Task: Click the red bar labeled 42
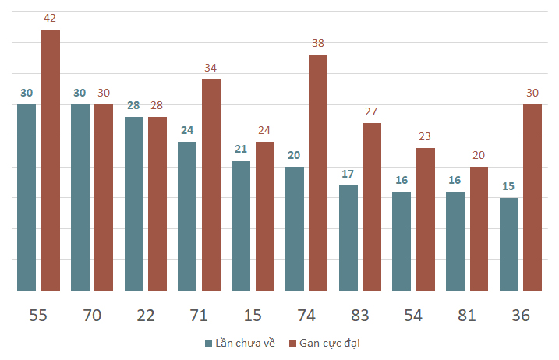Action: click(x=51, y=161)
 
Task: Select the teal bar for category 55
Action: click(x=27, y=197)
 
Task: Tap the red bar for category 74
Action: click(x=318, y=172)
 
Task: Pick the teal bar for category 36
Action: click(x=509, y=244)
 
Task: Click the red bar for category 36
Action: click(x=532, y=197)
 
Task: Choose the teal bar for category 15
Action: click(x=241, y=226)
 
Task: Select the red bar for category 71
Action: click(x=211, y=185)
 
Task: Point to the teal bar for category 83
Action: click(x=348, y=238)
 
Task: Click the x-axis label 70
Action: click(x=92, y=316)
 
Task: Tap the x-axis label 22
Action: click(x=146, y=316)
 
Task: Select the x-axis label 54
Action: click(x=413, y=316)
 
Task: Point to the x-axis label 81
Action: click(x=467, y=316)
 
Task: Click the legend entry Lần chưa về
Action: click(x=240, y=343)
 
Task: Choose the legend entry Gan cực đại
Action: click(x=324, y=344)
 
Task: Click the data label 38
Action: click(x=318, y=43)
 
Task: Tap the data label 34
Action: click(x=211, y=68)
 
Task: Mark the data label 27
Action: click(x=371, y=111)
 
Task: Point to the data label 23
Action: click(x=425, y=136)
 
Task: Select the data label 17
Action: click(x=348, y=174)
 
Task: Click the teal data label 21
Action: click(x=241, y=149)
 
